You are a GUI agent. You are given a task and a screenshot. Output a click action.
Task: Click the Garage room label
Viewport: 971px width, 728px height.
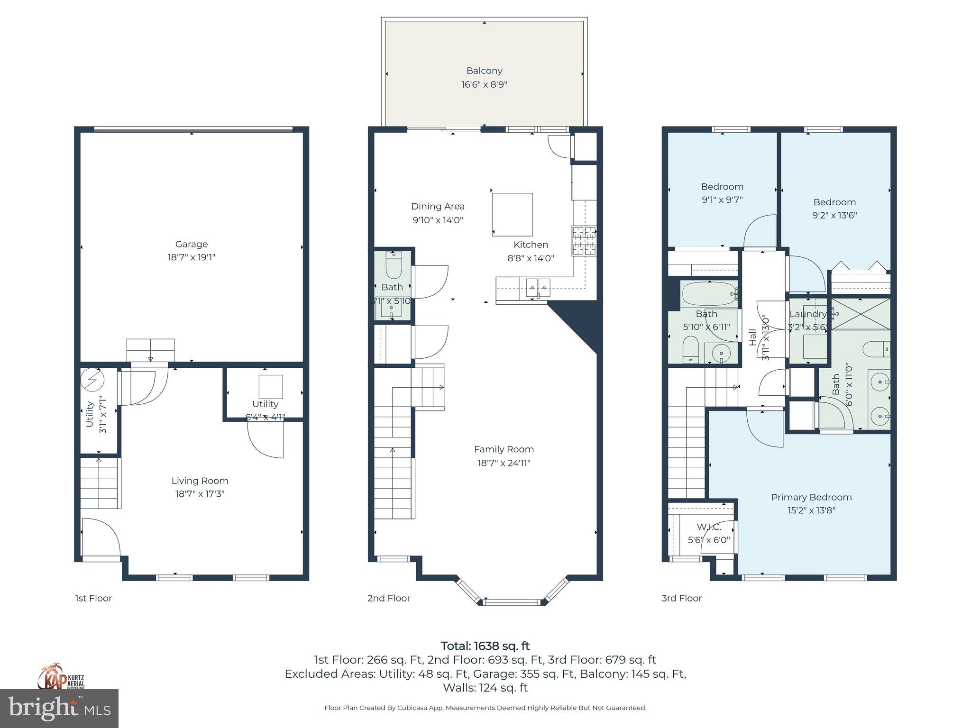pyautogui.click(x=191, y=244)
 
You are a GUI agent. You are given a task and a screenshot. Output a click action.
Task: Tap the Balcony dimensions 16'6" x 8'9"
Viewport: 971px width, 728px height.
pyautogui.click(x=484, y=85)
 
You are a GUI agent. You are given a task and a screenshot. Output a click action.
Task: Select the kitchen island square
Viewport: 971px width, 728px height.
pyautogui.click(x=512, y=214)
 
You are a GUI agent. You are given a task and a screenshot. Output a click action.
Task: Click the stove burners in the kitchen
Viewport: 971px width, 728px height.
pyautogui.click(x=584, y=241)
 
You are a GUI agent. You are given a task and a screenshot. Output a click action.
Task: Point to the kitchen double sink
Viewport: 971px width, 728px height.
pyautogui.click(x=538, y=288)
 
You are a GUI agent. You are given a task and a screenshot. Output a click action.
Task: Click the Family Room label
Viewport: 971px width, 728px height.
pyautogui.click(x=504, y=449)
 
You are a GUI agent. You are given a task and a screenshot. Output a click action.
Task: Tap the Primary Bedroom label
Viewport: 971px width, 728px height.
pyautogui.click(x=811, y=497)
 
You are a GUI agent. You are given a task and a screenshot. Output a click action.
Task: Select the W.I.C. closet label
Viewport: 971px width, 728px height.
pyautogui.click(x=709, y=527)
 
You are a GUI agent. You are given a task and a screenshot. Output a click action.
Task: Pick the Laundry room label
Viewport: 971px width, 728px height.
pyautogui.click(x=807, y=314)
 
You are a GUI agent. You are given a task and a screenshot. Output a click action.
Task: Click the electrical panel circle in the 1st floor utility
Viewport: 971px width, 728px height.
pyautogui.click(x=92, y=380)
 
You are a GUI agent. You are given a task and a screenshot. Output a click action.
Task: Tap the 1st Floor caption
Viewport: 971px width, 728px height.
pyautogui.click(x=93, y=598)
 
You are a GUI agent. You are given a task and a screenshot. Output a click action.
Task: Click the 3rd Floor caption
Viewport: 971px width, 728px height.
pyautogui.click(x=681, y=598)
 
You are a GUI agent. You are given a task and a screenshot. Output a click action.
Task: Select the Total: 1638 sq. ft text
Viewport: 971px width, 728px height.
pyautogui.click(x=485, y=646)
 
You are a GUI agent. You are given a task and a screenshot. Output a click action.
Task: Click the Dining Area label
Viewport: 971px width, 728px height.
pyautogui.click(x=438, y=206)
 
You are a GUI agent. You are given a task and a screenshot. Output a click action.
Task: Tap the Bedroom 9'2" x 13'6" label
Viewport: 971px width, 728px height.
pyautogui.click(x=834, y=202)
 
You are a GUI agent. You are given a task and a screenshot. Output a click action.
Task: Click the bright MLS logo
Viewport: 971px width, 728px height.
pyautogui.click(x=59, y=708)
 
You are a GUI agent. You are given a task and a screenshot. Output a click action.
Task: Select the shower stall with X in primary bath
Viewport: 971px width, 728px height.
pyautogui.click(x=861, y=314)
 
